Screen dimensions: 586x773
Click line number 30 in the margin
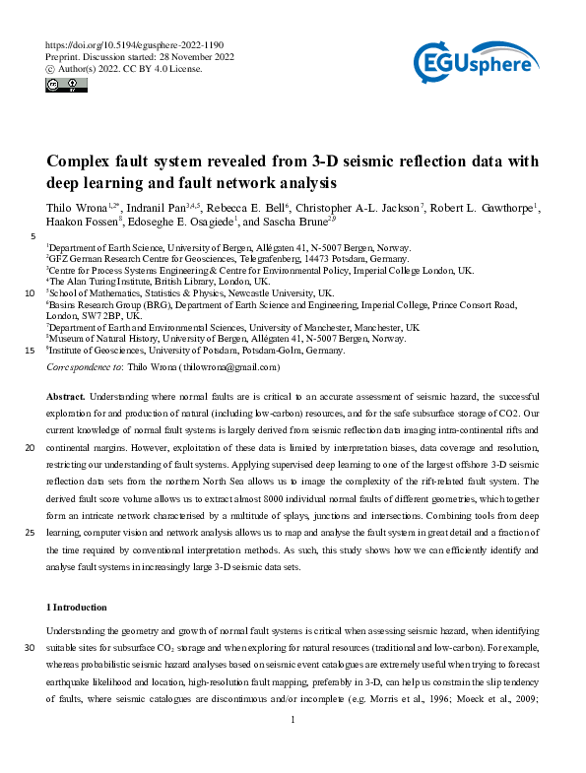(x=29, y=647)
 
